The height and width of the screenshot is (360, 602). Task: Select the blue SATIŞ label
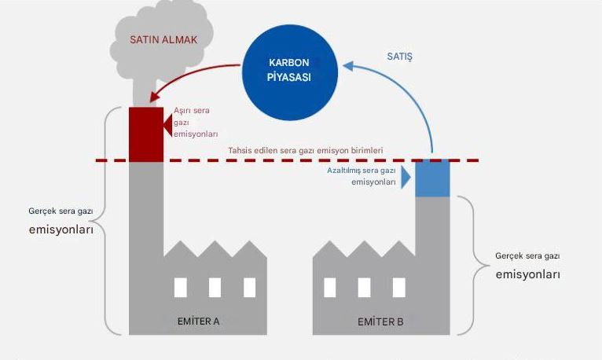(x=399, y=57)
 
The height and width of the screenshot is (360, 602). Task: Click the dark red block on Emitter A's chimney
(x=146, y=134)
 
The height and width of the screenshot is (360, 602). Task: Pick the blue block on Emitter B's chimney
(x=432, y=178)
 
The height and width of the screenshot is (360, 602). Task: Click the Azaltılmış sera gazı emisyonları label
(x=362, y=175)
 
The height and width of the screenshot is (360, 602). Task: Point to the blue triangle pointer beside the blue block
(x=406, y=178)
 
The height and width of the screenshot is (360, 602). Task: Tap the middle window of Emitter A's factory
(x=215, y=288)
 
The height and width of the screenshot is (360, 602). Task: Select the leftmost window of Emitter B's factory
(x=330, y=288)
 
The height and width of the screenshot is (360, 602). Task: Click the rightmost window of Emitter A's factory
(x=249, y=288)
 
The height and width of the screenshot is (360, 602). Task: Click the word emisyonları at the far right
(x=527, y=275)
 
